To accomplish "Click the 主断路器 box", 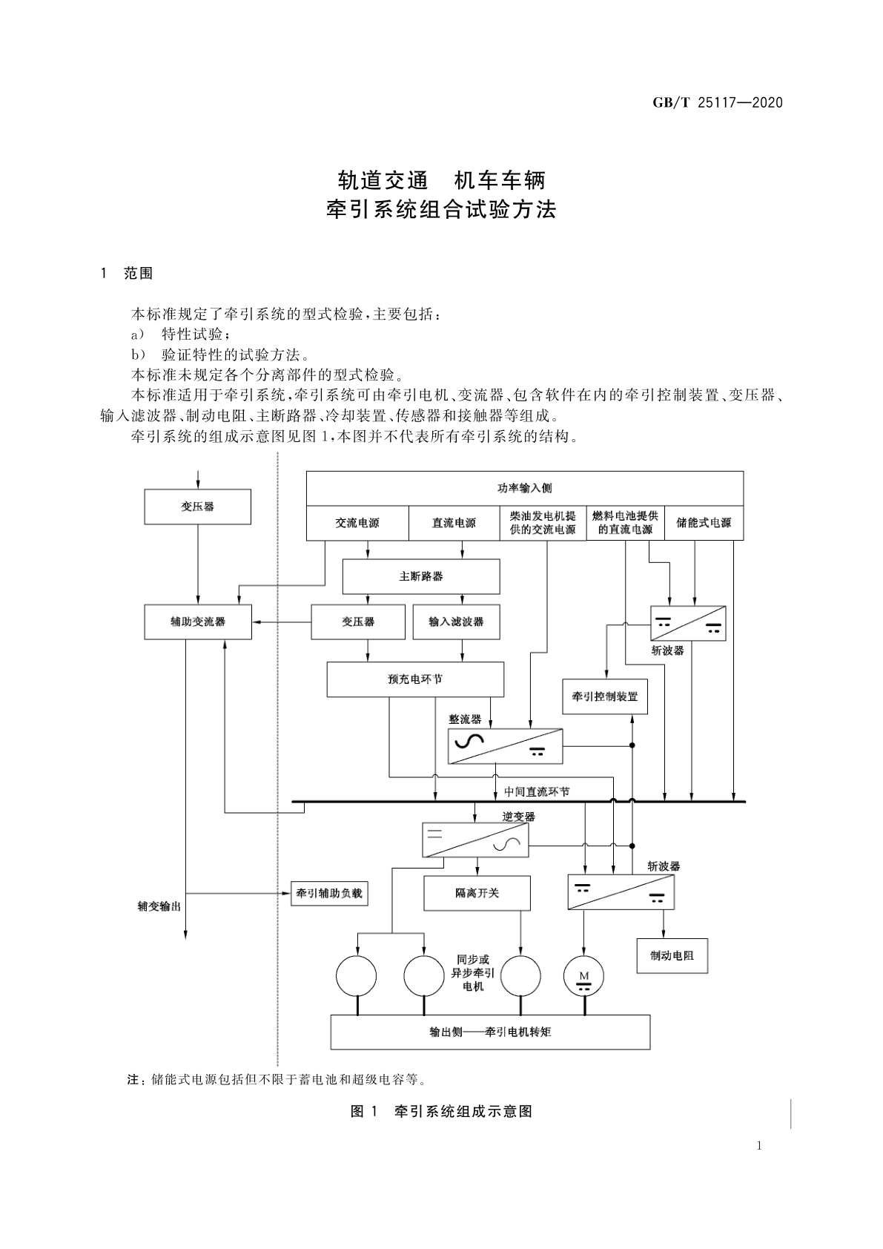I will [420, 576].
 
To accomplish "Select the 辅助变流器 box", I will [197, 622].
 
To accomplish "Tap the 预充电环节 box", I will [415, 679].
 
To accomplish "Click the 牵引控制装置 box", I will [604, 696].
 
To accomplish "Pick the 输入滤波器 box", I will [456, 622].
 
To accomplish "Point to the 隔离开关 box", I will [477, 893].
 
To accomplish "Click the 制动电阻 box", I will [672, 955].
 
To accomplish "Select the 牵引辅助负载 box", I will [329, 893].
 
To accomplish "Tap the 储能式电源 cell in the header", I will [704, 523].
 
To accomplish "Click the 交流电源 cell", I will [357, 523].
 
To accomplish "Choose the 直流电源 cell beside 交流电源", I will [454, 523].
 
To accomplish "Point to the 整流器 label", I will [465, 719].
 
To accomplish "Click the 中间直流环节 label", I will [537, 791].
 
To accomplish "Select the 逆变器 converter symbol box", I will [475, 840].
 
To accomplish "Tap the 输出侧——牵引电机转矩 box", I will [490, 1032].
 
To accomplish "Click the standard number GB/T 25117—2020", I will [717, 102].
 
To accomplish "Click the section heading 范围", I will [139, 274].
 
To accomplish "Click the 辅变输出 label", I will [159, 906].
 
